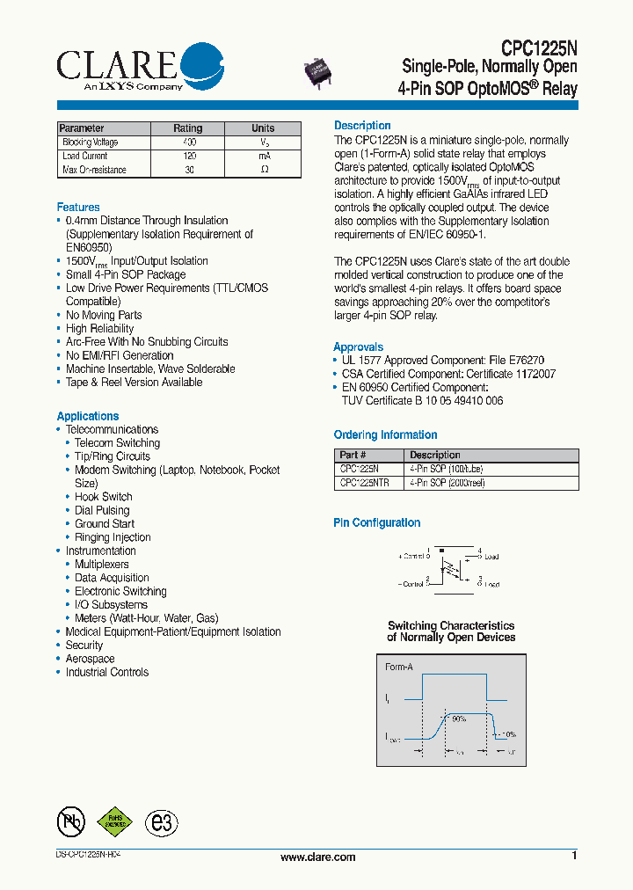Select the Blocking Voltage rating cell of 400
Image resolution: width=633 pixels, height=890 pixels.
[188, 142]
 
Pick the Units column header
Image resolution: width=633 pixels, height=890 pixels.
[263, 128]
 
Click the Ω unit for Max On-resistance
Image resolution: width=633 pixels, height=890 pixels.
[263, 170]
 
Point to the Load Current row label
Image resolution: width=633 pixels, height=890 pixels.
[84, 156]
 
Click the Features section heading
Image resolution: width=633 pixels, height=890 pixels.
[78, 207]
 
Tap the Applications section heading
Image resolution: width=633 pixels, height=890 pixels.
[87, 416]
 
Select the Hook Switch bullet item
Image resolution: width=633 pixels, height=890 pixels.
[103, 497]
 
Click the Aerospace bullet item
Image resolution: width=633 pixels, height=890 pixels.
[90, 659]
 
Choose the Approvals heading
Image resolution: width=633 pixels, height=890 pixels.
[358, 347]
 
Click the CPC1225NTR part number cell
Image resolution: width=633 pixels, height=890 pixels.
[364, 483]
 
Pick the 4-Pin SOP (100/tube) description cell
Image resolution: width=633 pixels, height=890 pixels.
[440, 469]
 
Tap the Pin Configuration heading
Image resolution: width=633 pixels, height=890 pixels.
[376, 522]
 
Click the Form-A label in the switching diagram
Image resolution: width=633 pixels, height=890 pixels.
[398, 667]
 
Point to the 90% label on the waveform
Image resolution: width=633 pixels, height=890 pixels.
[457, 719]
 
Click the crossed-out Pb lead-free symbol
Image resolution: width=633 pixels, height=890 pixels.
[69, 821]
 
